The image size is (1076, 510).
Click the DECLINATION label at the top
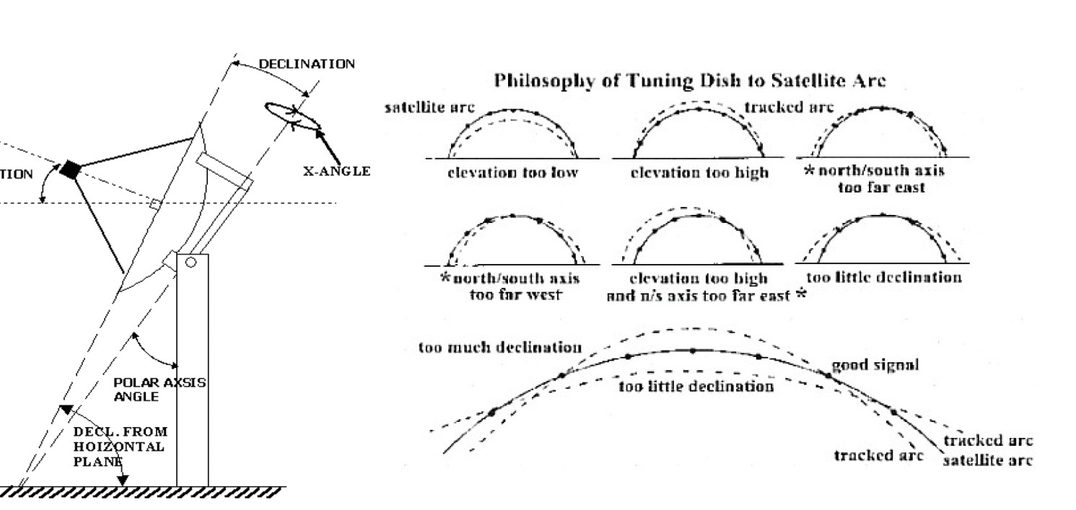point(307,64)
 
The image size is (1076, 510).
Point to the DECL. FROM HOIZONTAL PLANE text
point(120,447)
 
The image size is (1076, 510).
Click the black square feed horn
point(70,170)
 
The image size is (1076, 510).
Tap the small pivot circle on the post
point(191,263)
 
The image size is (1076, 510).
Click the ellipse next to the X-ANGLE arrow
point(294,117)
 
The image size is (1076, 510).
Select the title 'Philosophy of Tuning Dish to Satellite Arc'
point(689,81)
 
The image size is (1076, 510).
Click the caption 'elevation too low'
point(512,173)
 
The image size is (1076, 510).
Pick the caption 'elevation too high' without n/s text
point(700,173)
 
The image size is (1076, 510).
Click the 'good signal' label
point(875,365)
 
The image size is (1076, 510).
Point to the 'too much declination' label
point(500,348)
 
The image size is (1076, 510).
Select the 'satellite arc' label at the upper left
point(430,107)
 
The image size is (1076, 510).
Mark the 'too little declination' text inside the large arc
point(696,387)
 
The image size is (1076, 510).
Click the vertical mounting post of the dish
point(193,375)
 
